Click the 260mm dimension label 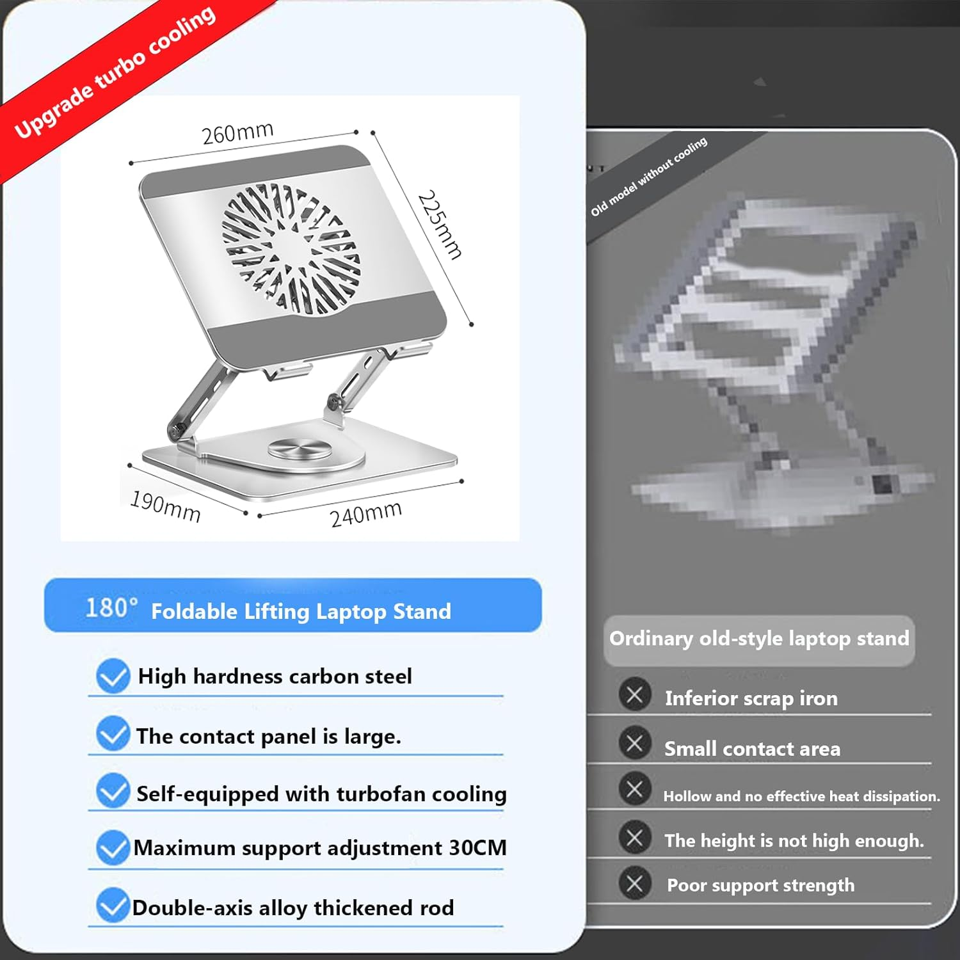point(237,132)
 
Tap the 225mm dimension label point(440,225)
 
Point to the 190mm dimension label point(165,506)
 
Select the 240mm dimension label point(365,514)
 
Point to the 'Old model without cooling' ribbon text point(649,175)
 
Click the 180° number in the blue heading point(111,607)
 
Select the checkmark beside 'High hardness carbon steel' point(113,676)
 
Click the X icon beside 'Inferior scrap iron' point(635,695)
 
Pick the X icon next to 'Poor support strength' point(635,884)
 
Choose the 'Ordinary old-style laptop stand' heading point(759,639)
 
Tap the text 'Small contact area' point(752,749)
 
